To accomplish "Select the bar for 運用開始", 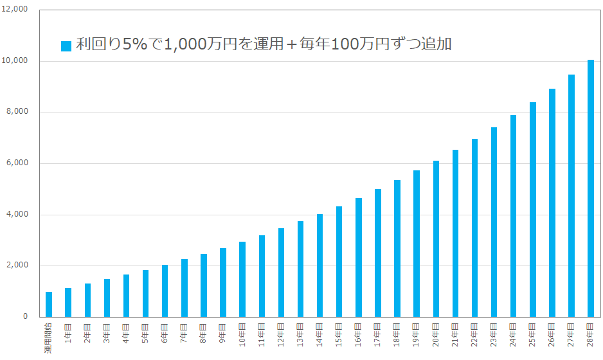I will coord(49,304).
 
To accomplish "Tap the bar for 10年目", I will coord(242,279).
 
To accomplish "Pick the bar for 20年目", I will coord(436,239).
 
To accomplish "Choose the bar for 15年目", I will coord(339,262).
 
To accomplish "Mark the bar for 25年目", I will coord(532,210).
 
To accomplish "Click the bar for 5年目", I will coord(145,293).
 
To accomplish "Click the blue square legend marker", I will coord(66,46).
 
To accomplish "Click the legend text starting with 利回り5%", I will coord(264,44).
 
